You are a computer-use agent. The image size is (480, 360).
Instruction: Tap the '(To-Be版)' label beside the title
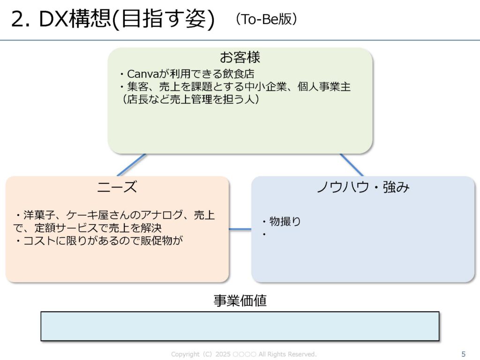(x=266, y=19)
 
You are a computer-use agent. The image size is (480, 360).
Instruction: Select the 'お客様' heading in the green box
(x=240, y=58)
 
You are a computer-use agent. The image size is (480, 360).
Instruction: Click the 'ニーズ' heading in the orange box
(x=117, y=187)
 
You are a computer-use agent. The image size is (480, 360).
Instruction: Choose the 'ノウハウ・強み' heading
(x=363, y=187)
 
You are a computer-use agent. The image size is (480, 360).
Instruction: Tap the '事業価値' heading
(x=240, y=300)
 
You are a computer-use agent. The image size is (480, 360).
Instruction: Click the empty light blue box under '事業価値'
(x=240, y=326)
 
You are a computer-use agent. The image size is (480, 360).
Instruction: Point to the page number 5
(x=464, y=354)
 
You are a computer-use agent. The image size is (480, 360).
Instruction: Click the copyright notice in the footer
(x=244, y=354)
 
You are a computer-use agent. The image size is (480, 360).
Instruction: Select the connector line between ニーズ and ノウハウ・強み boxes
(x=240, y=229)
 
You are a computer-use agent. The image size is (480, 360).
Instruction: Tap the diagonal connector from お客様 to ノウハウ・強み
(x=352, y=165)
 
